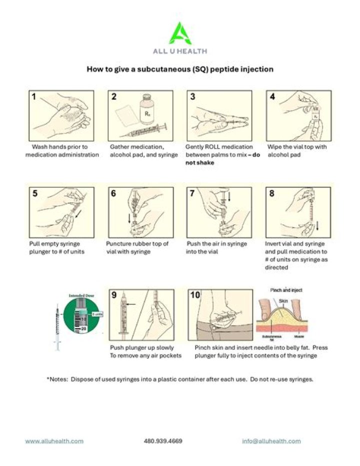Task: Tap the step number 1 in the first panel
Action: pos(34,97)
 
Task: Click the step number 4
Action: pos(272,97)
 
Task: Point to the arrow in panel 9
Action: pos(131,303)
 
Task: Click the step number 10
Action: pos(195,295)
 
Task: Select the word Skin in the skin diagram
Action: pos(283,300)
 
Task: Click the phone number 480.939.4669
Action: pos(163,441)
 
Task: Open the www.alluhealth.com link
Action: pos(54,441)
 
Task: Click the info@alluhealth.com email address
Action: pos(271,441)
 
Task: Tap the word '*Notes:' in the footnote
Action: pos(57,379)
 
